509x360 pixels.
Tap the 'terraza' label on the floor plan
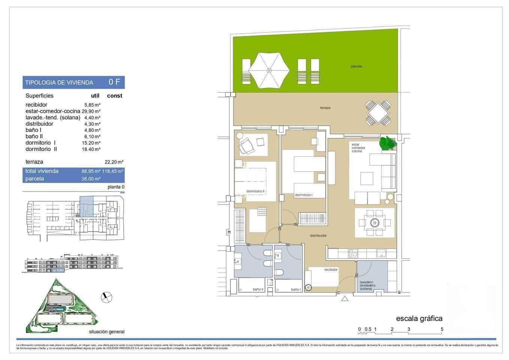[x=325, y=108]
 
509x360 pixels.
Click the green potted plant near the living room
[x=388, y=144]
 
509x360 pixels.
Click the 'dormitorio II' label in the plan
[x=255, y=191]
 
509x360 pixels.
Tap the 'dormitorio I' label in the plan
[x=304, y=195]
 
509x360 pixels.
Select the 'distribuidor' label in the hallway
[x=318, y=235]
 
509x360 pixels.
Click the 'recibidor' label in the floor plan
[x=331, y=270]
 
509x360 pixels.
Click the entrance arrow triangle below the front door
[x=344, y=299]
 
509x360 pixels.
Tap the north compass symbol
[x=106, y=297]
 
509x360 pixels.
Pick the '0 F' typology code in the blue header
[x=114, y=82]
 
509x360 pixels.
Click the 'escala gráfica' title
[x=419, y=318]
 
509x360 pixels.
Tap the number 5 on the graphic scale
[x=442, y=329]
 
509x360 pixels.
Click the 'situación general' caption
[x=106, y=331]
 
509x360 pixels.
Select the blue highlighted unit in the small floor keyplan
[x=87, y=207]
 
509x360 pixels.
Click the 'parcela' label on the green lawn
[x=356, y=66]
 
